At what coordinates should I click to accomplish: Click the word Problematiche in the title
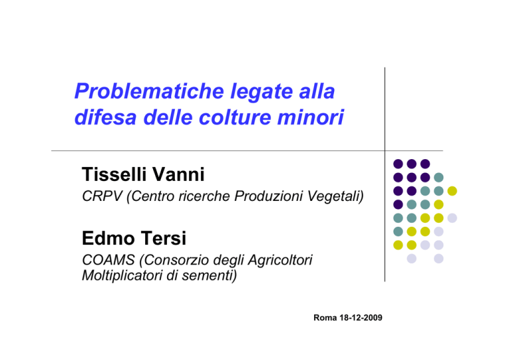click(149, 91)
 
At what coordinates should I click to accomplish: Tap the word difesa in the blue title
click(105, 117)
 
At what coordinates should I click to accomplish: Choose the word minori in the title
click(310, 117)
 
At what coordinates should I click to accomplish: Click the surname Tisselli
click(114, 174)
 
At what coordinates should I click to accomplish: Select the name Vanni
click(178, 174)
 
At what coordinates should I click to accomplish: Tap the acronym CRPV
click(102, 196)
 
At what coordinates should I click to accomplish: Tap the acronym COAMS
click(109, 260)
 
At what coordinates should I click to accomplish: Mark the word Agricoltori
click(280, 261)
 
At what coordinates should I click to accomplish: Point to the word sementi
click(209, 276)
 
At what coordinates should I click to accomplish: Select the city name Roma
click(325, 318)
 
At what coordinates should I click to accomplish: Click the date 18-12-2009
click(361, 318)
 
